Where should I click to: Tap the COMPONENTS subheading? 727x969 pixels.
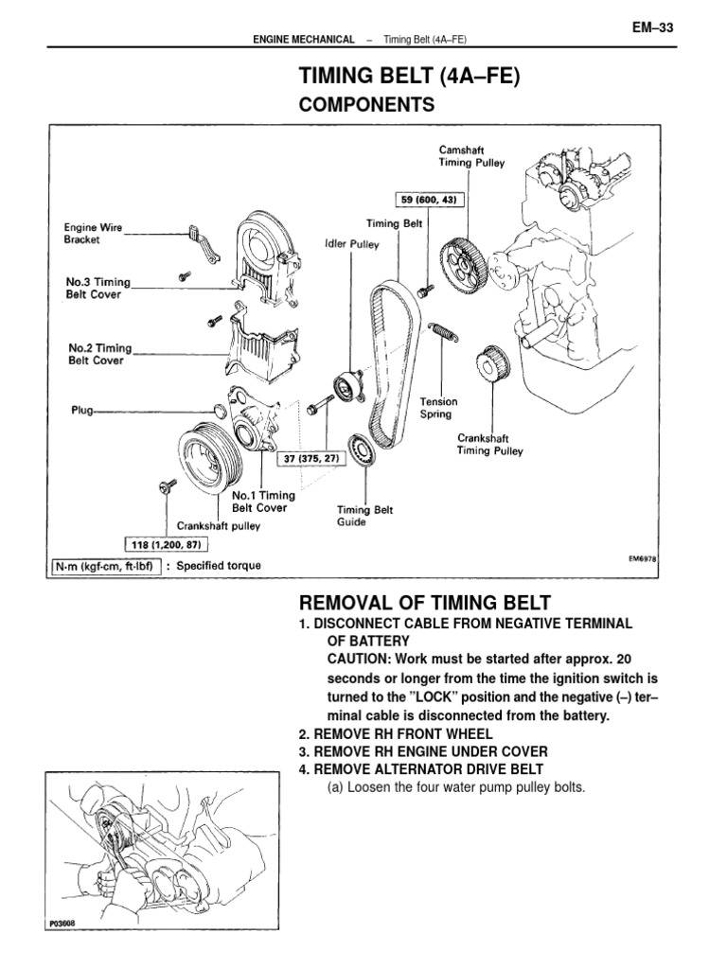tap(367, 105)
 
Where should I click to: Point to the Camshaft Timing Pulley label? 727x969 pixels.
tap(471, 156)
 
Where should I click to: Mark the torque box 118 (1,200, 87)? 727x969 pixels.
tap(167, 544)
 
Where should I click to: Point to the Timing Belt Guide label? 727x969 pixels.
tap(365, 515)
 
